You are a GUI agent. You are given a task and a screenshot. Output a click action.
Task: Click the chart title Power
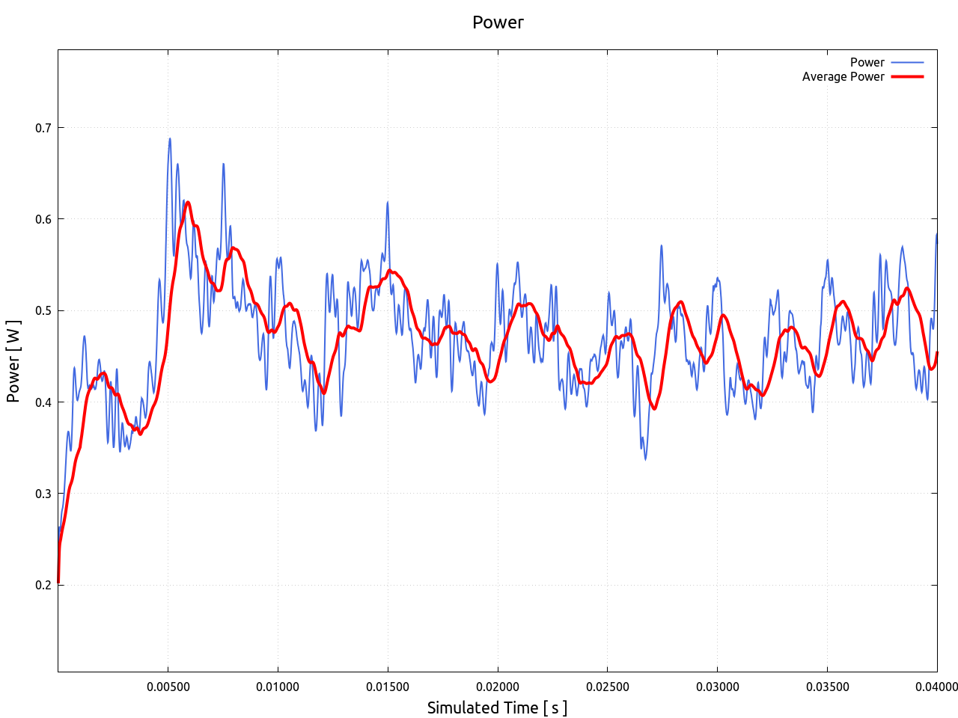coord(498,22)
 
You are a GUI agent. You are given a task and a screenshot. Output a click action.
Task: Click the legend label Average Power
coord(843,76)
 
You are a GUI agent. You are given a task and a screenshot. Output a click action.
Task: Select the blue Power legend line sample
coord(907,63)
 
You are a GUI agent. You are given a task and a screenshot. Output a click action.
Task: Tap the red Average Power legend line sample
coord(907,76)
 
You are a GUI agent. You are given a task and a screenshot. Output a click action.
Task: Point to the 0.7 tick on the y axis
coord(43,128)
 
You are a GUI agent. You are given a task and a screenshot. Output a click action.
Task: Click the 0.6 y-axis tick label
coord(43,219)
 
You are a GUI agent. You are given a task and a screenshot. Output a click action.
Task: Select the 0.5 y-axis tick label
coord(43,310)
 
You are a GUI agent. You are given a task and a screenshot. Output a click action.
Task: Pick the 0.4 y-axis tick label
coord(43,402)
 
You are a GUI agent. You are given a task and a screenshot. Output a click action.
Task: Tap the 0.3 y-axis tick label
coord(43,494)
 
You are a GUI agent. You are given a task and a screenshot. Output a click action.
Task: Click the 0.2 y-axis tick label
coord(43,585)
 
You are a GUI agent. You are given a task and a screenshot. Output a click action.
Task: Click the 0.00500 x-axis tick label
coord(168,687)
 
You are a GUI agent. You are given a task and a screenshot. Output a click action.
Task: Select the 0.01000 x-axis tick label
coord(278,687)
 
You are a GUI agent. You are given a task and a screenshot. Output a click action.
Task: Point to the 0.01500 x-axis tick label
coord(388,687)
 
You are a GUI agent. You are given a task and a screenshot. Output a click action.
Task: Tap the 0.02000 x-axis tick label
coord(498,687)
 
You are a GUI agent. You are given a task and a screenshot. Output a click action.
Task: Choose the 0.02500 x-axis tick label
coord(607,687)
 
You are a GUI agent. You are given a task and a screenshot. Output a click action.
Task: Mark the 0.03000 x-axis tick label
coord(717,687)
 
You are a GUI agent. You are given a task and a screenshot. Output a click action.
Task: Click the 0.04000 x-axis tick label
coord(936,687)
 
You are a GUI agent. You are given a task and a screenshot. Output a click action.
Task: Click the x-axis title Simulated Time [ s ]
coord(498,708)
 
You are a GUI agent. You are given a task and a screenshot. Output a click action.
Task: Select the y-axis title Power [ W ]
coord(13,361)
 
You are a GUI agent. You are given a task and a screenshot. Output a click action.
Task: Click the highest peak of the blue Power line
coord(170,139)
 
